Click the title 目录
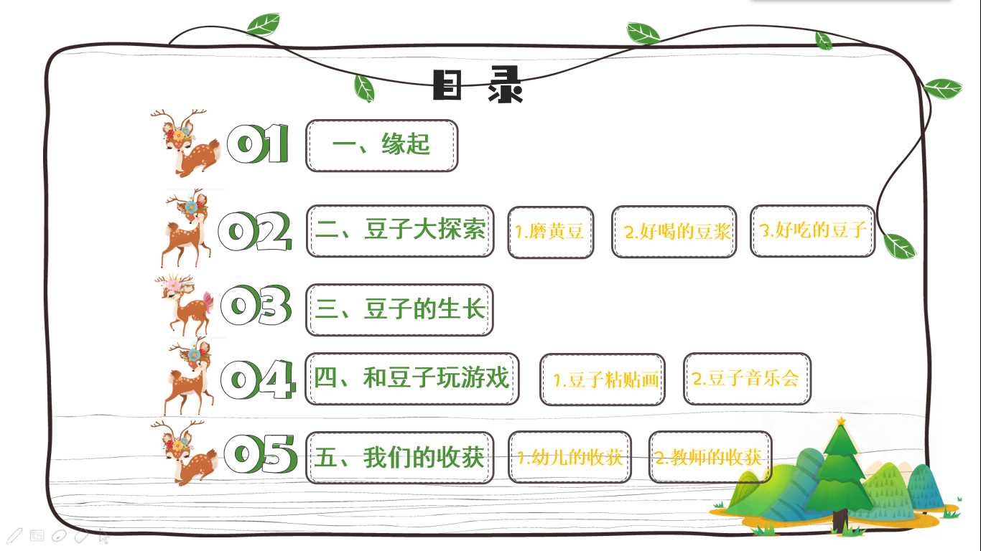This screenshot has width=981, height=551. (x=478, y=85)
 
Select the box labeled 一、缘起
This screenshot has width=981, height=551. (x=381, y=146)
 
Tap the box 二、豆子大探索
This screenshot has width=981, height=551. (x=400, y=230)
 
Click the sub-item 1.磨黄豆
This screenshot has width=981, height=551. (x=551, y=232)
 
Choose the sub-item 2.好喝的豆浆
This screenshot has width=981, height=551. (x=674, y=232)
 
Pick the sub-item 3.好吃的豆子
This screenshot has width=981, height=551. (x=812, y=230)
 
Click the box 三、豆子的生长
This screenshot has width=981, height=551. (x=399, y=310)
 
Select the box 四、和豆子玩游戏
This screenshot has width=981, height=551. (x=412, y=379)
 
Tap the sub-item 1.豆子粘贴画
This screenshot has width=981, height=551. (x=603, y=380)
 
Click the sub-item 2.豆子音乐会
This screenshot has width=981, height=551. (x=747, y=379)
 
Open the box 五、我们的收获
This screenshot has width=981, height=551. (x=400, y=457)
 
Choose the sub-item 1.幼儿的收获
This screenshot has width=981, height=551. (x=569, y=457)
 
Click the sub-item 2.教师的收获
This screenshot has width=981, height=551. (x=710, y=457)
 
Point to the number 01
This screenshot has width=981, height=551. (x=258, y=143)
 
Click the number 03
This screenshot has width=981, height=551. (x=256, y=305)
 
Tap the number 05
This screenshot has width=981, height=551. (x=261, y=454)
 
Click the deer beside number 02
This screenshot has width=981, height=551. (x=187, y=228)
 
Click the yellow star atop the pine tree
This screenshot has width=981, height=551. (x=841, y=421)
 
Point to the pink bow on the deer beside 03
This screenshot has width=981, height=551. (x=208, y=302)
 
